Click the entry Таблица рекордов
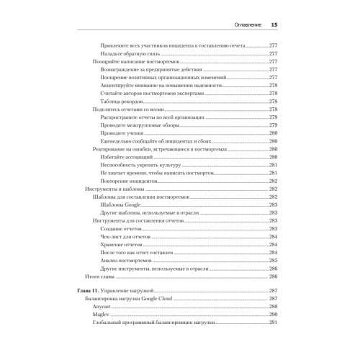pyautogui.click(x=126, y=101)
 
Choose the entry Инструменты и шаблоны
pyautogui.click(x=109, y=189)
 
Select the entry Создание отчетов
pyautogui.click(x=123, y=228)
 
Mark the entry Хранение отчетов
pyautogui.click(x=123, y=244)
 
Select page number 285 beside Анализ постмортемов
pyautogui.click(x=273, y=260)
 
